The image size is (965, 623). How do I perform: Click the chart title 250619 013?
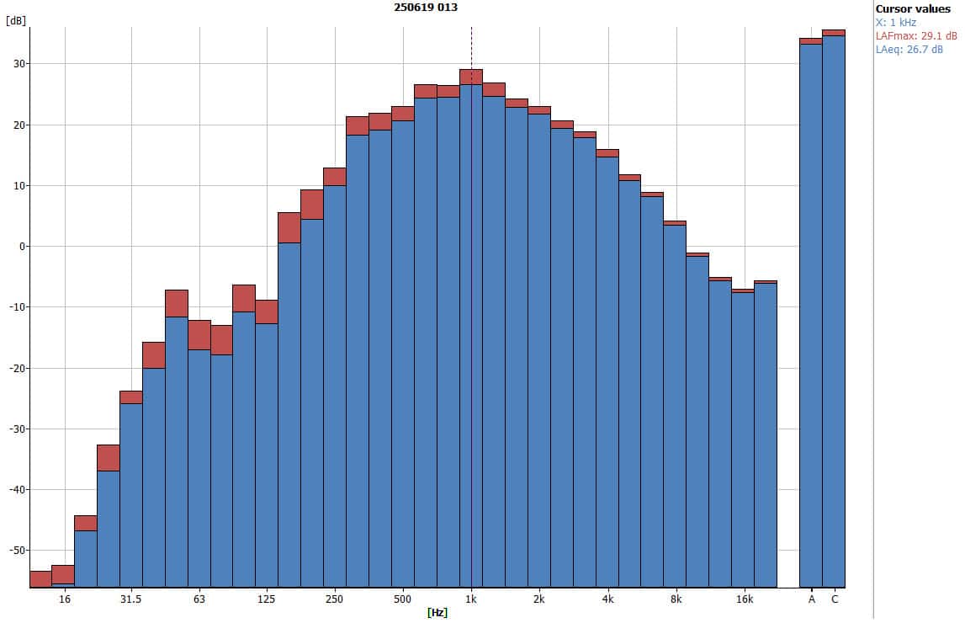point(426,8)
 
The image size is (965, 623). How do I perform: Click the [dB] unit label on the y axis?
point(15,21)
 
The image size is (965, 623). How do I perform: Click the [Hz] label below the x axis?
point(437,612)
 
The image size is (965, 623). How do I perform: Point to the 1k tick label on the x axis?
point(471,599)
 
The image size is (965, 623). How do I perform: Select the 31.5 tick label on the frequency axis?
point(130,599)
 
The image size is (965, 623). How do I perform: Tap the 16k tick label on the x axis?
point(744,599)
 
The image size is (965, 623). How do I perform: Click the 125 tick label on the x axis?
point(267,599)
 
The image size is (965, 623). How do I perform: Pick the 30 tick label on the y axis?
point(18,64)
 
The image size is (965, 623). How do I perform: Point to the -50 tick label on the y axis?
point(14,550)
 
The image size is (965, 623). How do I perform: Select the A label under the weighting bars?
point(812,599)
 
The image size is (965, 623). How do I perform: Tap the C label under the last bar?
point(835,599)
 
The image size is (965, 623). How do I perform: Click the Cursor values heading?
point(913,8)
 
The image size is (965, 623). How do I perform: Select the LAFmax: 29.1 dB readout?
point(916,36)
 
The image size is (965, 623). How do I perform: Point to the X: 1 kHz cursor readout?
point(896,23)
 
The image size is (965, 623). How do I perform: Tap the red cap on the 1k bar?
point(471,77)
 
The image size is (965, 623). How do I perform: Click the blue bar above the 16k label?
point(743,438)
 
